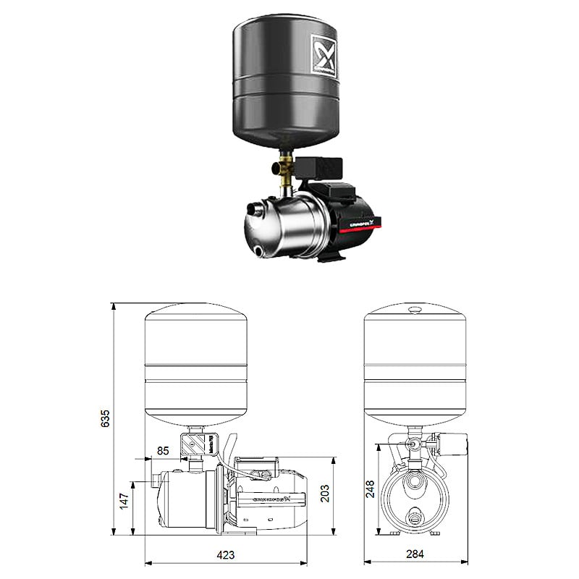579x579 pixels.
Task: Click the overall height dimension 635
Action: (x=106, y=418)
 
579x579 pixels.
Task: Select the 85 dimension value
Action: (x=163, y=451)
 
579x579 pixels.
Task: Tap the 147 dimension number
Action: (x=124, y=500)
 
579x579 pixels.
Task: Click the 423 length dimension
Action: (x=227, y=555)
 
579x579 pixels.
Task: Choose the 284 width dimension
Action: (x=415, y=555)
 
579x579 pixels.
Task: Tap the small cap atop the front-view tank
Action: (x=414, y=309)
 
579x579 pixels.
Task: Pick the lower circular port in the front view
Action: (x=415, y=516)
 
